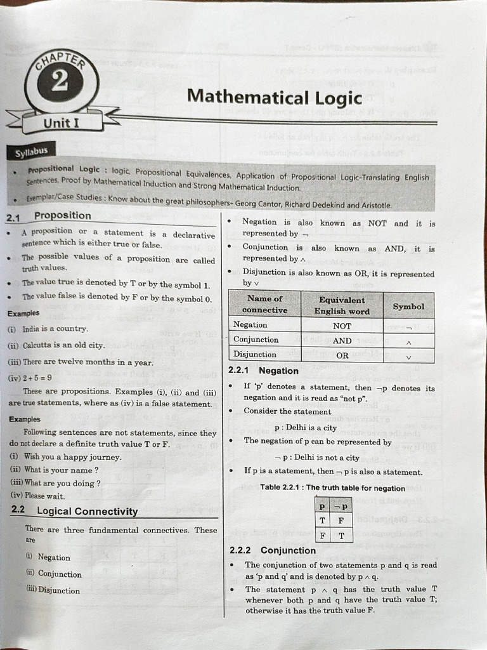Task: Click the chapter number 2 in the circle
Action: coord(60,83)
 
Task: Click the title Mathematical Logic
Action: coord(274,97)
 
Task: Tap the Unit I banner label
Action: coord(61,123)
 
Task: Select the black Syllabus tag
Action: coord(31,152)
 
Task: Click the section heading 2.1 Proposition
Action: coord(49,216)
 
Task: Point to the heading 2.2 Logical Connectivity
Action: coord(75,511)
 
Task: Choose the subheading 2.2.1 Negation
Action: coord(263,371)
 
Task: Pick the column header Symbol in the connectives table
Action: coord(408,306)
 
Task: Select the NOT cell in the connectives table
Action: coord(342,326)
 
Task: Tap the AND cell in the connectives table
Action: coord(342,341)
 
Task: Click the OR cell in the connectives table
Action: coord(342,355)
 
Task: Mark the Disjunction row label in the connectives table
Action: coord(255,354)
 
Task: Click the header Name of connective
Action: coord(264,304)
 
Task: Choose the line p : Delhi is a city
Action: coord(305,428)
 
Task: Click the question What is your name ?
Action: coord(60,470)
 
